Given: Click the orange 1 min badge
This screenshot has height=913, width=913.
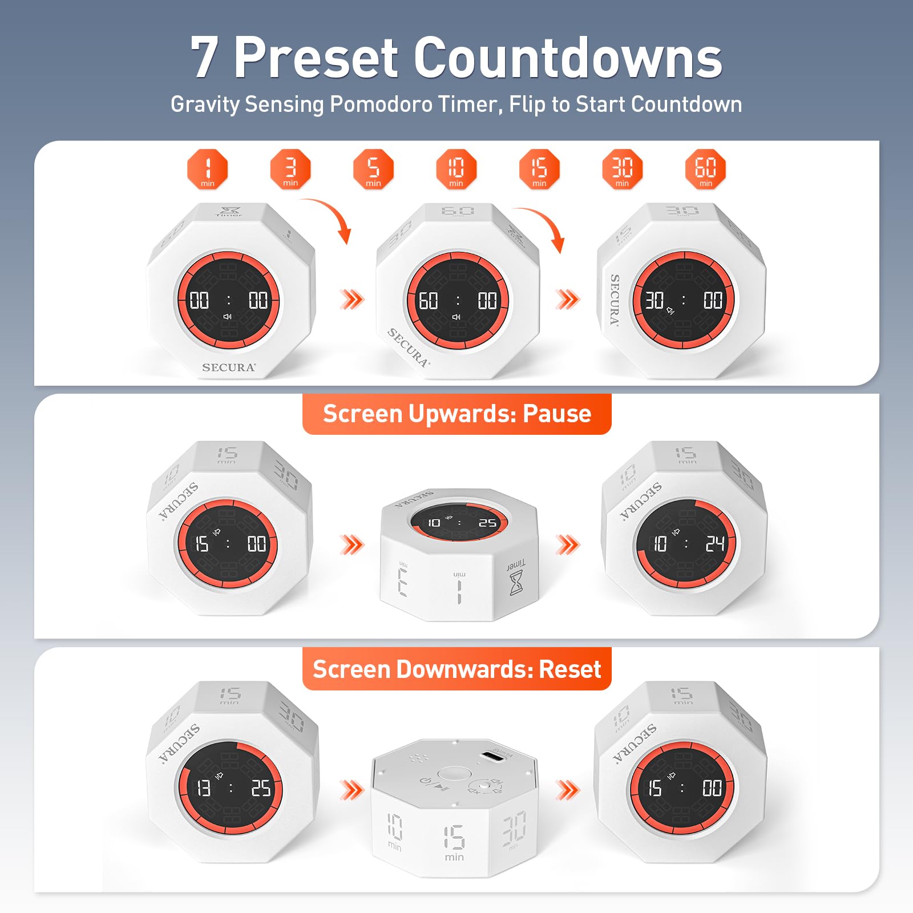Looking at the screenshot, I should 207,169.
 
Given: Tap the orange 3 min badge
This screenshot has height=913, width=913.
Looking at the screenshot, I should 290,169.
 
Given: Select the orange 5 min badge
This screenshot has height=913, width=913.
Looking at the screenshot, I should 373,169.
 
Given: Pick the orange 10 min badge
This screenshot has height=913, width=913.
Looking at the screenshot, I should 456,169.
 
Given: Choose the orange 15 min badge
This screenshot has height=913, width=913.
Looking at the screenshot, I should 539,169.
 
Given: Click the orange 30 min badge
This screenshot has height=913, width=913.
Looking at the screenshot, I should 622,169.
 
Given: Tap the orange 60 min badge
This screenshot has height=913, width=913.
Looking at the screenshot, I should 705,169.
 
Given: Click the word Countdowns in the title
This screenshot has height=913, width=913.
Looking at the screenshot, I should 568,58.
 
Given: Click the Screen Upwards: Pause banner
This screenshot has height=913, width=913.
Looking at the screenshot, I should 457,414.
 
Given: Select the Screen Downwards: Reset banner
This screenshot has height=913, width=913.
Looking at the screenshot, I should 457,669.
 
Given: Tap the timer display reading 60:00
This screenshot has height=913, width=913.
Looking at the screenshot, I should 458,300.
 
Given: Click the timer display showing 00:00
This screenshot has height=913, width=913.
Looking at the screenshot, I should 228,300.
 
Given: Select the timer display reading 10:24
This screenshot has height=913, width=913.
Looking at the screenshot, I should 686,543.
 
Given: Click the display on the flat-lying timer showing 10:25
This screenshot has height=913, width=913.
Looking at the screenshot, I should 459,521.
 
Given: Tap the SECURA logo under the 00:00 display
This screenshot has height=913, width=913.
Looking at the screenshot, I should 229,367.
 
